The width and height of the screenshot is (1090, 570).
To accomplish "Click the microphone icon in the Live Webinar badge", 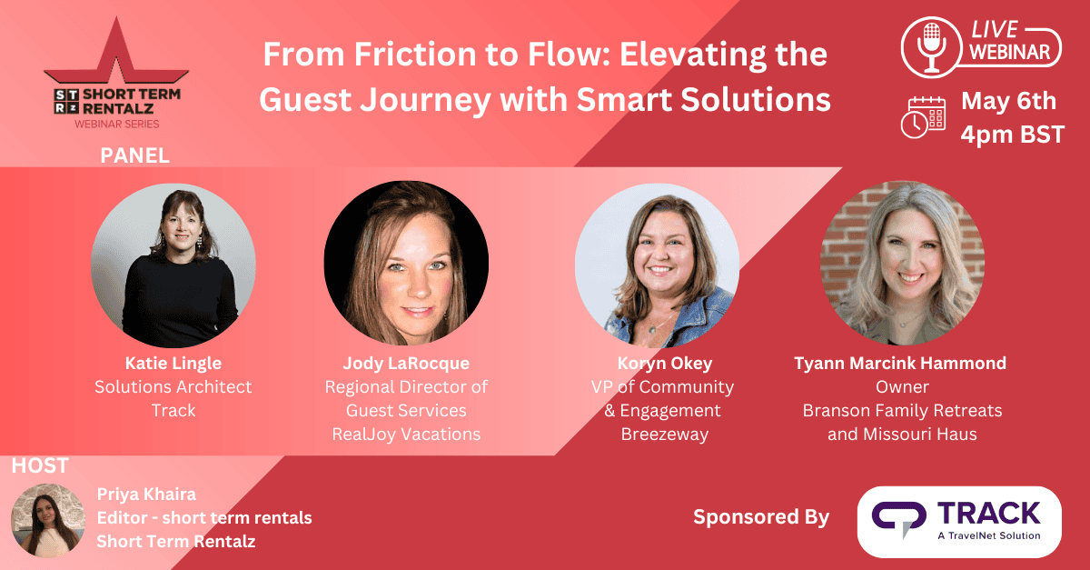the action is click(x=931, y=47).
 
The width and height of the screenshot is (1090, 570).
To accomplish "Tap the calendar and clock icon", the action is click(x=923, y=117).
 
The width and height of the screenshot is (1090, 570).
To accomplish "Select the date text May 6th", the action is click(x=1009, y=101).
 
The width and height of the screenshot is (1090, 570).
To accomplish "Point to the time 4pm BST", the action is click(x=1013, y=135).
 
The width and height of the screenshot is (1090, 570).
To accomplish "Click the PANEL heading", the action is click(x=134, y=155).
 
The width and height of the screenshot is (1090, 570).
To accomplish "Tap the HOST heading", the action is click(x=40, y=465).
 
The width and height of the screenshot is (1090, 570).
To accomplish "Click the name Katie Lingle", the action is click(x=173, y=364).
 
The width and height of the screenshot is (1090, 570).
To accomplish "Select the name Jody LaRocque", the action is click(x=406, y=364).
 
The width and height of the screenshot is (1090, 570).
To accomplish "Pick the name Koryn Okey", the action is click(x=665, y=364).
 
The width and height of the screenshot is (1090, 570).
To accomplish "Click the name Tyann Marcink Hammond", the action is click(x=900, y=364).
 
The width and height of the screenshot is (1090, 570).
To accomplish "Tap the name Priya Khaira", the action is click(x=146, y=495).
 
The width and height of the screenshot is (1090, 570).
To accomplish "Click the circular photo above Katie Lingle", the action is click(x=173, y=265).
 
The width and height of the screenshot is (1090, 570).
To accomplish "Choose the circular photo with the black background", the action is click(x=406, y=264).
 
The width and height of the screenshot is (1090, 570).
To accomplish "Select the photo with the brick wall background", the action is click(x=902, y=264).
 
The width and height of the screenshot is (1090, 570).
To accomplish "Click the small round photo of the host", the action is click(x=48, y=521).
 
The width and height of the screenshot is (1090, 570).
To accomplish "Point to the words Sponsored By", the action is click(x=761, y=517).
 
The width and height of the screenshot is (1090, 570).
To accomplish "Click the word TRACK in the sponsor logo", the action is click(x=989, y=514).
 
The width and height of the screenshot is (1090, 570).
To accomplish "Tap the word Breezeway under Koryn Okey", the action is click(x=665, y=435).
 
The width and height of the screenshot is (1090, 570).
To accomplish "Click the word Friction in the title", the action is click(x=415, y=54).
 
